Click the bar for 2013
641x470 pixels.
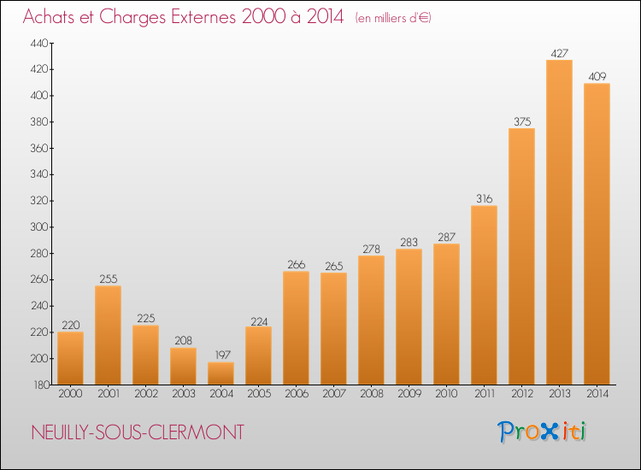(x=559, y=222)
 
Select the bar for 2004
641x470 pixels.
(x=221, y=373)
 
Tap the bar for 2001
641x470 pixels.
(x=108, y=335)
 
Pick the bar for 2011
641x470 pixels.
(x=484, y=295)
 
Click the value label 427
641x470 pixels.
(x=559, y=53)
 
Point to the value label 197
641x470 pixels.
(x=223, y=355)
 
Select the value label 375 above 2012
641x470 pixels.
(x=522, y=121)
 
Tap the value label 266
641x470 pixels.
(x=296, y=264)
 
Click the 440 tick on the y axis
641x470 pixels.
(x=39, y=43)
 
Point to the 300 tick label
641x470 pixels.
(x=39, y=226)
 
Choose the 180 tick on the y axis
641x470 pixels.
(x=42, y=385)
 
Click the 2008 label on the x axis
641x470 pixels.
(x=372, y=393)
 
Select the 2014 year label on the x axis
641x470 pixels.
(x=597, y=393)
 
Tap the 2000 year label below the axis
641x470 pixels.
(x=70, y=393)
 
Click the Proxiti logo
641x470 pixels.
(x=541, y=432)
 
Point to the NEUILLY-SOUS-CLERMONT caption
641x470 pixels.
(x=138, y=432)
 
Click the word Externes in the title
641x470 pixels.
(x=203, y=16)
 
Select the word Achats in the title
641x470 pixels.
(x=49, y=16)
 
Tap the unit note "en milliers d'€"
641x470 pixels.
(x=393, y=18)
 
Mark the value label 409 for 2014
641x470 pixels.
(x=597, y=76)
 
